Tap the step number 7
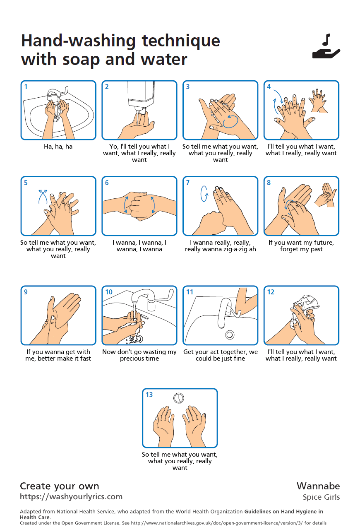pos(188,183)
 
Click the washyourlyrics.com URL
pos(71,497)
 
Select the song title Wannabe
pos(318,486)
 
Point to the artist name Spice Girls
pos(322,497)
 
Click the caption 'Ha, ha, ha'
pos(58,147)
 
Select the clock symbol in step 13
pos(179,398)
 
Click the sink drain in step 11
pos(230,335)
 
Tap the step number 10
pos(109,292)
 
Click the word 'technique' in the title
pos(181,42)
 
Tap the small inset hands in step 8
pos(326,195)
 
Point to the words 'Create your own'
pos(59,486)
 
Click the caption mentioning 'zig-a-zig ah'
pos(221,246)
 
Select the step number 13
pos(149,395)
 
